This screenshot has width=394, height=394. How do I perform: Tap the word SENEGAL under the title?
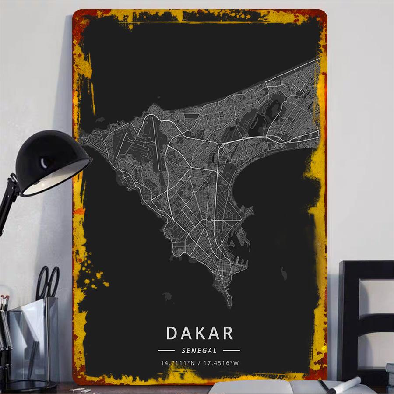tap(199, 350)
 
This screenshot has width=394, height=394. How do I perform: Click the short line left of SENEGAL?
tap(166, 350)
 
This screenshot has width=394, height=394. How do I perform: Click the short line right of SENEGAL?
tap(231, 350)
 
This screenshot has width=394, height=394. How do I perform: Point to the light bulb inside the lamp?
tap(46, 164)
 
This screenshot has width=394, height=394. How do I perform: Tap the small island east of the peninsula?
tap(284, 274)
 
